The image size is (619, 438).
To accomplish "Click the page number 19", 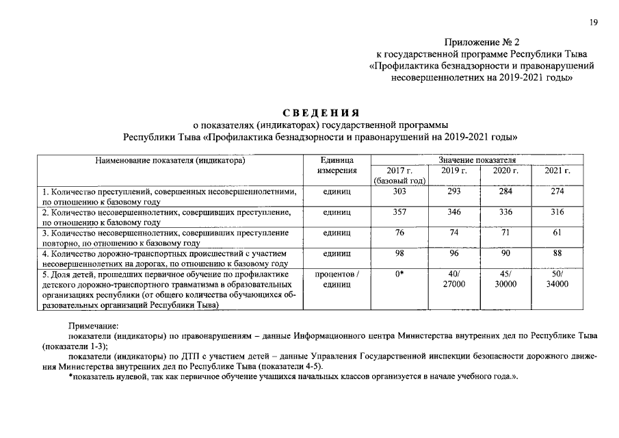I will [594, 23].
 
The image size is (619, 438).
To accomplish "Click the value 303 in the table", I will [400, 192].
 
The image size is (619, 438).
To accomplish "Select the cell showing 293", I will [454, 192].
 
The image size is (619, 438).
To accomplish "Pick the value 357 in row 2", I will [400, 212].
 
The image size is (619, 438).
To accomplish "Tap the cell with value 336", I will [506, 212].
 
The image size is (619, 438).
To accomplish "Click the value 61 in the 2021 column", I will [557, 233].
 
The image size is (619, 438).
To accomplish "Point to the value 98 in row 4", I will [400, 253].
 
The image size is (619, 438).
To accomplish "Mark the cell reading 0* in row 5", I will [400, 274].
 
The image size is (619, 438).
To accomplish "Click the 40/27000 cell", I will [454, 279].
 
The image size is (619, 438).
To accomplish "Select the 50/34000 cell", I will [557, 279].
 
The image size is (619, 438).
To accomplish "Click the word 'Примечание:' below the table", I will [94, 327].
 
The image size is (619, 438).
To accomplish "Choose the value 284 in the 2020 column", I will [506, 192].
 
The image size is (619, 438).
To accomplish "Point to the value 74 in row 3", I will [454, 233].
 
